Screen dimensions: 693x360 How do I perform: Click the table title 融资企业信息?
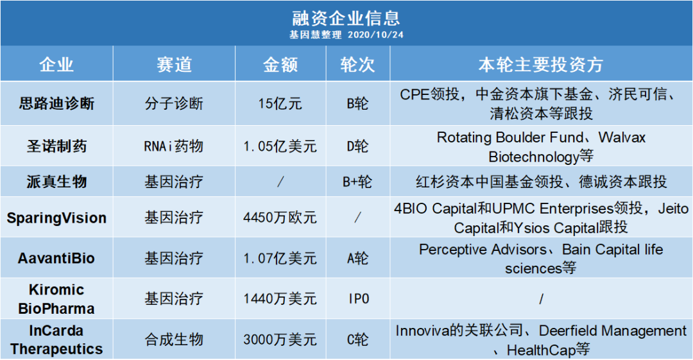346,18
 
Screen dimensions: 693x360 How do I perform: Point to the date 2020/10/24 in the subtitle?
375,35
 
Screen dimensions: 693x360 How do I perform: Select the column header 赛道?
174,65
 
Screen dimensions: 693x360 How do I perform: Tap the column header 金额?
280,65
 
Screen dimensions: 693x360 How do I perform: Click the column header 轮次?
357,65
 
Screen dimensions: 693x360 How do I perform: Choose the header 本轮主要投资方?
541,65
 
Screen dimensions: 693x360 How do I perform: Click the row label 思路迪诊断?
56,103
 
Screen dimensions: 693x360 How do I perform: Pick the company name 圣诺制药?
56,146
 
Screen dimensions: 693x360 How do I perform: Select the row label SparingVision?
56,218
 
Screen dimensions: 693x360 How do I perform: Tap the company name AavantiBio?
56,258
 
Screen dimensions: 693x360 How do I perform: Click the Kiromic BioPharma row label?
56,299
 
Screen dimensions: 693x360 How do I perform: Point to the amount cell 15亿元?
280,104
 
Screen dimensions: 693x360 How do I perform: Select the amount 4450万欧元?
280,218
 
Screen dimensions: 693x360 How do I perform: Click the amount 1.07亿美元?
280,258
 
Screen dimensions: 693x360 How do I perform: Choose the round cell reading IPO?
359,299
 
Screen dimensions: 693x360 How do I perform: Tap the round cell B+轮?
357,182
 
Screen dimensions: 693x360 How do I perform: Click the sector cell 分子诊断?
174,104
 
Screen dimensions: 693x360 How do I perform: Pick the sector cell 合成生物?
174,339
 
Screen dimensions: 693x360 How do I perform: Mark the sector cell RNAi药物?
174,146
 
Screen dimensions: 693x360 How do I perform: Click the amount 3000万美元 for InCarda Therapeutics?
280,339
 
